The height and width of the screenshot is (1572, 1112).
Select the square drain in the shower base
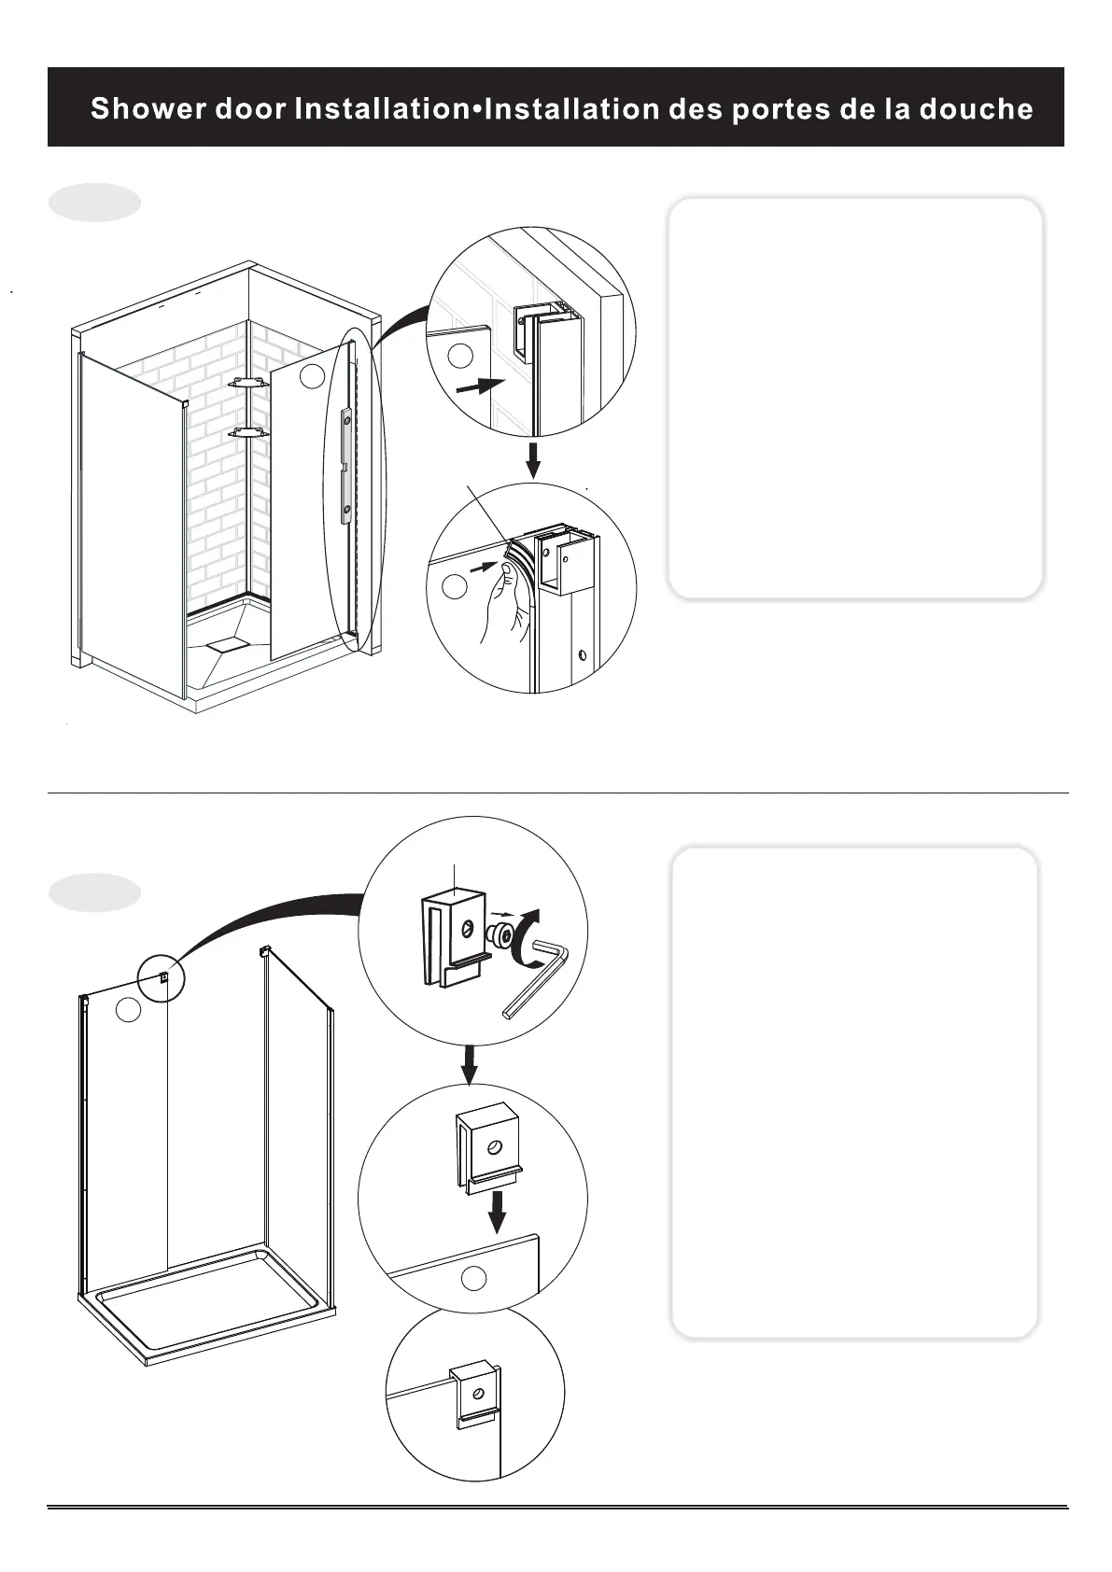pyautogui.click(x=223, y=644)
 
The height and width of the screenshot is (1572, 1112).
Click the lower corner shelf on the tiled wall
pyautogui.click(x=249, y=432)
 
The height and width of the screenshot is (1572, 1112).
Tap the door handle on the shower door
pyautogui.click(x=347, y=462)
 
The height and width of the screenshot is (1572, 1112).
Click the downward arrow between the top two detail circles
pyautogui.click(x=532, y=459)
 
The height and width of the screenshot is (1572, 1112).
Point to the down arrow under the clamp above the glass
pyautogui.click(x=498, y=1211)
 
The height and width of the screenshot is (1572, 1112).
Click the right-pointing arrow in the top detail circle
pyautogui.click(x=479, y=386)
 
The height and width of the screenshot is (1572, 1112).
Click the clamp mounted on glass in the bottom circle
pyautogui.click(x=476, y=1397)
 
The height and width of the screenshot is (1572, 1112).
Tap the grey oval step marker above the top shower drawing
pyautogui.click(x=94, y=203)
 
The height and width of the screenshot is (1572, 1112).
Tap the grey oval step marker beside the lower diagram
pyautogui.click(x=94, y=892)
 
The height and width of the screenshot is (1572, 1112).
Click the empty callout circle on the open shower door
pyautogui.click(x=313, y=376)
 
